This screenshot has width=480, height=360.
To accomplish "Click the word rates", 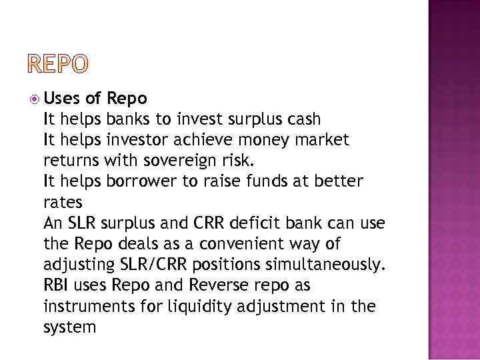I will point(62,202).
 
